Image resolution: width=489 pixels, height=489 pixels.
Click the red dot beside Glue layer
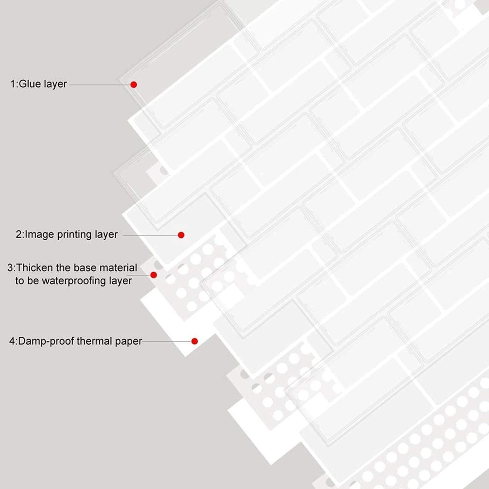coord(134,85)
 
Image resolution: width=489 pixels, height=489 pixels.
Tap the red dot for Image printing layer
coord(181,235)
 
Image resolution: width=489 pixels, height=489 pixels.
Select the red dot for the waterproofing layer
coord(153,275)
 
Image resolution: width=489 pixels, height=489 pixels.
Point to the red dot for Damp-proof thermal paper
coord(195,341)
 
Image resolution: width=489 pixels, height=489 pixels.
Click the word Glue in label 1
coord(30,84)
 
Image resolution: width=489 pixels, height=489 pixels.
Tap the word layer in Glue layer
coord(55,85)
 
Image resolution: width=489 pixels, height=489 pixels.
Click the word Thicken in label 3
coord(34,267)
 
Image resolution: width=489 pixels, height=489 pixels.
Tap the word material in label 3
coord(118,268)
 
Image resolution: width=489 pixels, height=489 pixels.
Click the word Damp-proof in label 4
coord(46,341)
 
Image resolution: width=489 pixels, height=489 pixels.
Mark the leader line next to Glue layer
coord(100,85)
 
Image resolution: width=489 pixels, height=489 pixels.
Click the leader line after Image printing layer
coord(150,235)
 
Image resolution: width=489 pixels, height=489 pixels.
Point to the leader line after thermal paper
coord(167,341)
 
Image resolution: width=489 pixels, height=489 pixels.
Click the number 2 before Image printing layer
coord(19,234)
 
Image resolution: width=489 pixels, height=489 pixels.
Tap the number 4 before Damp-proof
coord(12,341)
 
